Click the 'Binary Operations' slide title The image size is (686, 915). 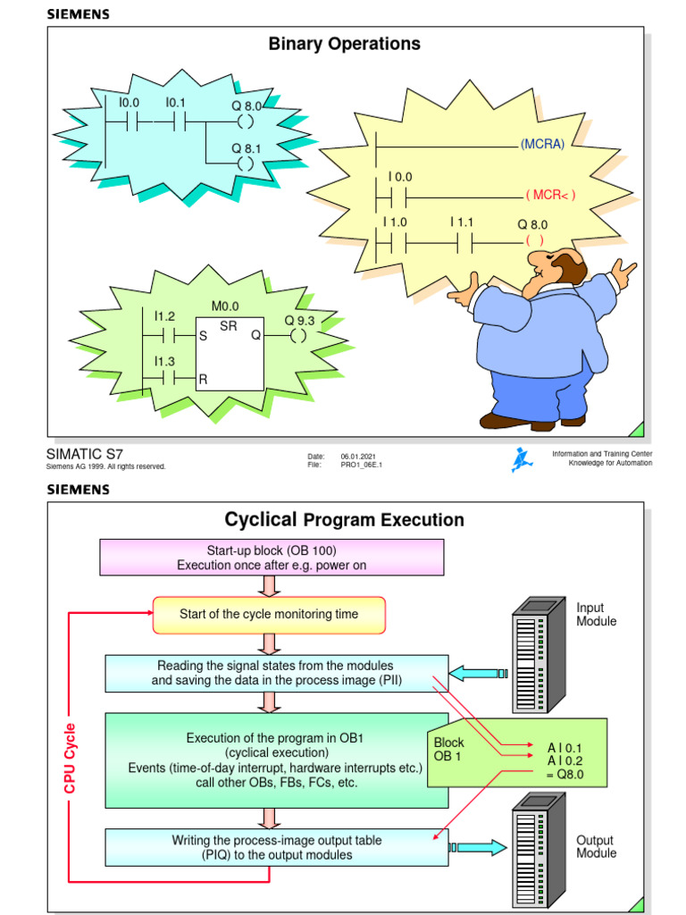pyautogui.click(x=344, y=44)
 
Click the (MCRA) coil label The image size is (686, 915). pyautogui.click(x=542, y=145)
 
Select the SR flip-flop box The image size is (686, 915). pyautogui.click(x=228, y=353)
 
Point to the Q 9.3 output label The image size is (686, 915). pyautogui.click(x=299, y=320)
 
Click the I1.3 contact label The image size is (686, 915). pyautogui.click(x=164, y=361)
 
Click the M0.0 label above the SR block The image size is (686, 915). pyautogui.click(x=225, y=306)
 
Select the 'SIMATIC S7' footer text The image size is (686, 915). pyautogui.click(x=79, y=454)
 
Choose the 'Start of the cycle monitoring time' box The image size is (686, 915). pyautogui.click(x=269, y=615)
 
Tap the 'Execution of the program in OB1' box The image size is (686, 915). pyautogui.click(x=277, y=760)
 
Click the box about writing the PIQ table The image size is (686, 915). pyautogui.click(x=277, y=847)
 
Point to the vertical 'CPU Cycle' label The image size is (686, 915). pyautogui.click(x=71, y=757)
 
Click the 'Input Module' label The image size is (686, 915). pyautogui.click(x=596, y=614)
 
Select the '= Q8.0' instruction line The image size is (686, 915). pyautogui.click(x=565, y=775)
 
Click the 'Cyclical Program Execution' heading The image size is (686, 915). pyautogui.click(x=344, y=519)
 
